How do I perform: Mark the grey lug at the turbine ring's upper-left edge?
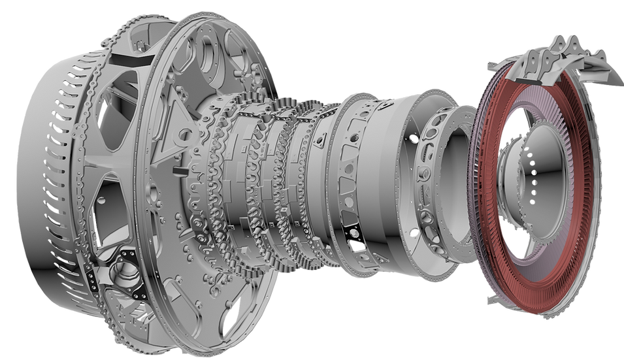(490, 66)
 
